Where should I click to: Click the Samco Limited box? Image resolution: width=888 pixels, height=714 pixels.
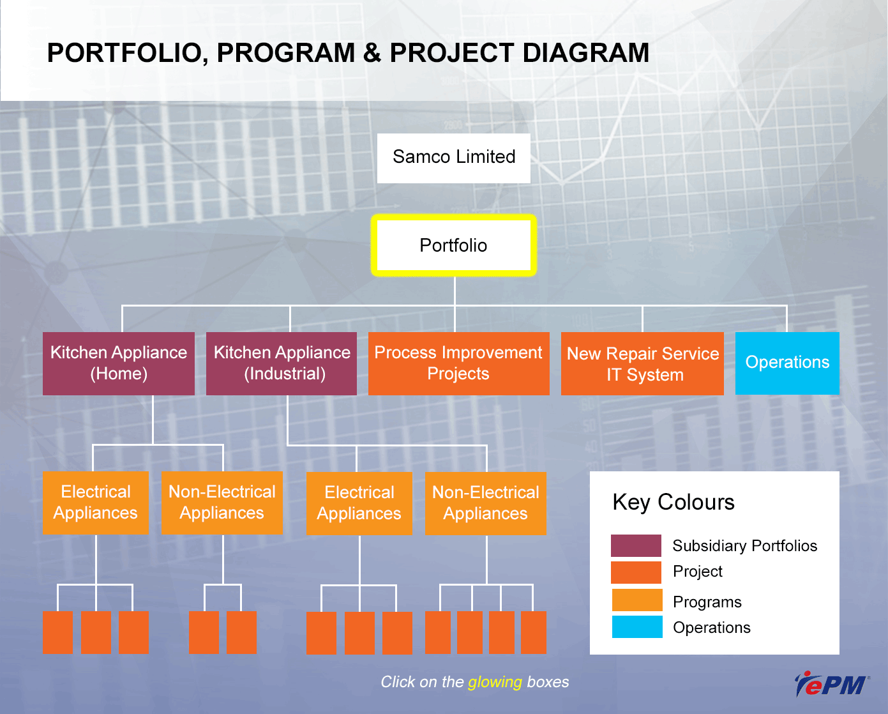click(453, 158)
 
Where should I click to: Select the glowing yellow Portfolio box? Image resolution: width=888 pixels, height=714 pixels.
click(453, 245)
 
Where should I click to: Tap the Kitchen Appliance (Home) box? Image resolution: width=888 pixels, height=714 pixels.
click(119, 363)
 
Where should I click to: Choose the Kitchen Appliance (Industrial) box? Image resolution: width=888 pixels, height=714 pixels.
click(282, 363)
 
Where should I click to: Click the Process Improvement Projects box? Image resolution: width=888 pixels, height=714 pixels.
click(459, 363)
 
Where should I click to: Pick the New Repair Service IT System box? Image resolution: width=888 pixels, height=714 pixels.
click(642, 363)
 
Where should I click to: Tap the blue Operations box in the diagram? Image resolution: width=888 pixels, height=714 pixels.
click(787, 363)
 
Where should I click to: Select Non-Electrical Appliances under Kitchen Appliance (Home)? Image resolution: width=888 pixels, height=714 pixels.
click(222, 503)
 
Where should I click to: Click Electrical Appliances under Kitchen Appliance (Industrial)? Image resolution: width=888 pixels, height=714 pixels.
click(359, 503)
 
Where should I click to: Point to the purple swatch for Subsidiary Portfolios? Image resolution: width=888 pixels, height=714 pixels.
click(636, 545)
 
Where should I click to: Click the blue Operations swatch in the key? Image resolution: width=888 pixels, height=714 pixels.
click(637, 627)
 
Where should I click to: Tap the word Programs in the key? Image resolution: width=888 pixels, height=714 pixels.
click(707, 602)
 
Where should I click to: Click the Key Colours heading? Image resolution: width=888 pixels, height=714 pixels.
click(674, 503)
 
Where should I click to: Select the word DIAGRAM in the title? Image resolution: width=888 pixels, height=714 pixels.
click(586, 53)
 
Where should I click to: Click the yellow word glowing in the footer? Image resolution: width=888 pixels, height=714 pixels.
click(495, 682)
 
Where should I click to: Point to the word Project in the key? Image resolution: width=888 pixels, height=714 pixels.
click(698, 572)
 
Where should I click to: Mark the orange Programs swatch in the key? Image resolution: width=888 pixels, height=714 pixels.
click(637, 600)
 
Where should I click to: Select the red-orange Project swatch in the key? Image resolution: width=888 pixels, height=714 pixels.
click(636, 572)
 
